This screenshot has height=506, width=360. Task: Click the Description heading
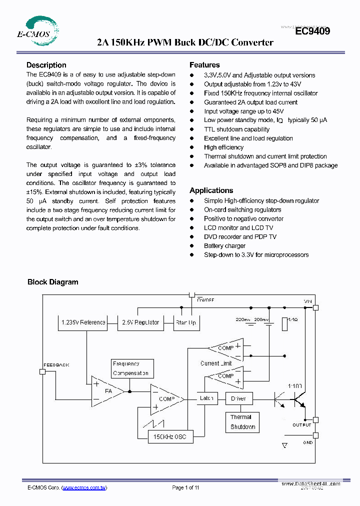pos(46,65)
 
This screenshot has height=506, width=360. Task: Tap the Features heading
pos(204,65)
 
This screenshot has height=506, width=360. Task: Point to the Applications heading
pos(211,190)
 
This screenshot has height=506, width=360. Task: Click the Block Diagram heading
pos(52,282)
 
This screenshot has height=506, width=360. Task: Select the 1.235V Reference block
pos(83,322)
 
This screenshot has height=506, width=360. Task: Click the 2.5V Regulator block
pos(140,322)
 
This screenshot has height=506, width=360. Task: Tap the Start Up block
pos(185,322)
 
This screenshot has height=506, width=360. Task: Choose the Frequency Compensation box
pos(131,368)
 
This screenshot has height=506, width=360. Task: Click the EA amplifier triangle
pos(106,391)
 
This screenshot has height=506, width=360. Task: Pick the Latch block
pos(206,398)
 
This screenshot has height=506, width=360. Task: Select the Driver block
pos(238,398)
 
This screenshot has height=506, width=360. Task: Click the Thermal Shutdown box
pos(242,422)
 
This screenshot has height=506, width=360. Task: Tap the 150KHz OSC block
pos(170,437)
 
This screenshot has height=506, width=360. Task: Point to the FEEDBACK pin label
pos(56,365)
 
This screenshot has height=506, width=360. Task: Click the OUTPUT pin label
pos(301,425)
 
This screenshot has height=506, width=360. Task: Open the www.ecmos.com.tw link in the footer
pos(84,487)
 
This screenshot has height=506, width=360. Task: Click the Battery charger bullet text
pos(224,246)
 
